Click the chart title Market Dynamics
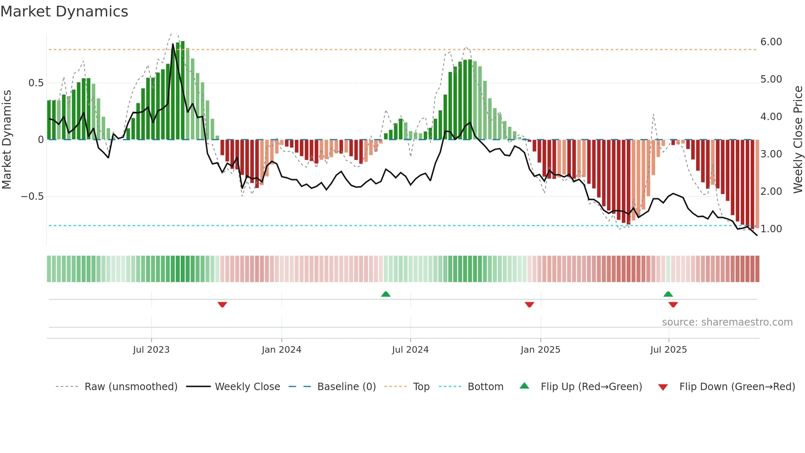64,12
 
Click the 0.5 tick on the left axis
36,83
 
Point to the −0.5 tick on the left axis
32,196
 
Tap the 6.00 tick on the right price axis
771,42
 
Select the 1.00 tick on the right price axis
771,229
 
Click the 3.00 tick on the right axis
771,154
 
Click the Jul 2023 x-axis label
151,350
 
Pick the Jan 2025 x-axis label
540,350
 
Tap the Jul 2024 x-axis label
410,350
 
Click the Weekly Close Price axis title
798,139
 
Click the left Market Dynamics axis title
7,139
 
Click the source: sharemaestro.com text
727,322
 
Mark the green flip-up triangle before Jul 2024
386,294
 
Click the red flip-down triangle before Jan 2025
529,305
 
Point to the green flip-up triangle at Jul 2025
668,294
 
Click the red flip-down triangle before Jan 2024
222,305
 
